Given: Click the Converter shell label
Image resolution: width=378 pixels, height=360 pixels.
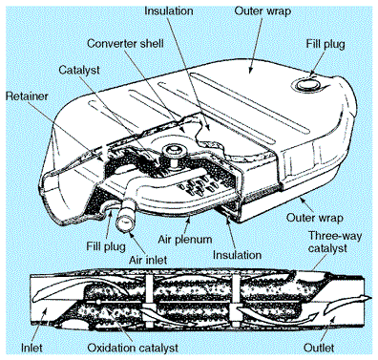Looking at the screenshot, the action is click(125, 43).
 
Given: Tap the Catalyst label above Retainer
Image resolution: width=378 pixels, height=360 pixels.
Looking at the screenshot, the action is click(79, 70).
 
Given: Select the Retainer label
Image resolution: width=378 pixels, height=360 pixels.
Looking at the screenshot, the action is click(27, 96).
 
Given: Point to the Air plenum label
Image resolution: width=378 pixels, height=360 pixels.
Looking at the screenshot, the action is click(185, 239).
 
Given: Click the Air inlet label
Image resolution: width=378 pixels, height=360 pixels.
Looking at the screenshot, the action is click(148, 260).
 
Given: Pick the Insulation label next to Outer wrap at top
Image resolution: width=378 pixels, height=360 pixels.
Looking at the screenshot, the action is click(169, 11).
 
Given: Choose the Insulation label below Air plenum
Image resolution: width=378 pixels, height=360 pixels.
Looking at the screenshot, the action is click(237, 255).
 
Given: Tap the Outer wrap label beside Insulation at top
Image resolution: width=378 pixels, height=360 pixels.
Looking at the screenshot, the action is click(262, 11).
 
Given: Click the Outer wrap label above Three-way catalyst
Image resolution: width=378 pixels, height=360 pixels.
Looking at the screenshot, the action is click(315, 218).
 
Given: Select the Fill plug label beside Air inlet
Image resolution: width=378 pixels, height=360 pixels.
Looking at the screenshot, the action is click(106, 246).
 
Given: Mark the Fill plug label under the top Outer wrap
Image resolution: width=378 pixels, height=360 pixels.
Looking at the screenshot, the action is click(325, 44).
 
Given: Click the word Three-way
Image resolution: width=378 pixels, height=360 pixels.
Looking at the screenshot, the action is click(335, 237).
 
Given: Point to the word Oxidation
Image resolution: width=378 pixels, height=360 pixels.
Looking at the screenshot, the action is click(112, 348).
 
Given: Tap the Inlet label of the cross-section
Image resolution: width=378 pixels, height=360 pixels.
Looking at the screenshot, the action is click(31, 348).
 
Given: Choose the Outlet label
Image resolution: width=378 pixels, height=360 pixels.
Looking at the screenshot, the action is click(319, 348).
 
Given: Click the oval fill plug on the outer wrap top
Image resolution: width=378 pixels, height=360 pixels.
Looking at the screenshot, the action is click(306, 84).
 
